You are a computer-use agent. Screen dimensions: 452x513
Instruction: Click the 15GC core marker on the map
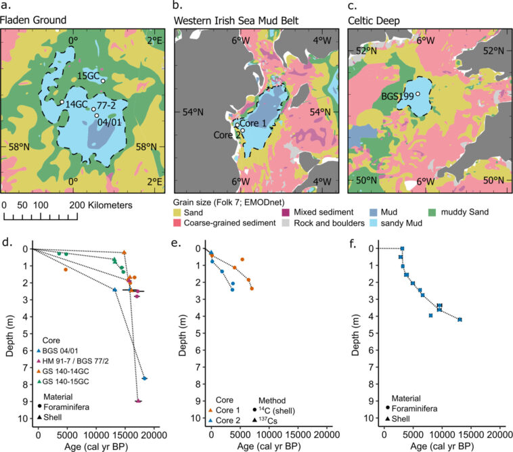[103, 81]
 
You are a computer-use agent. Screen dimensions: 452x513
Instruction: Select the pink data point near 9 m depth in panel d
[138, 401]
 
